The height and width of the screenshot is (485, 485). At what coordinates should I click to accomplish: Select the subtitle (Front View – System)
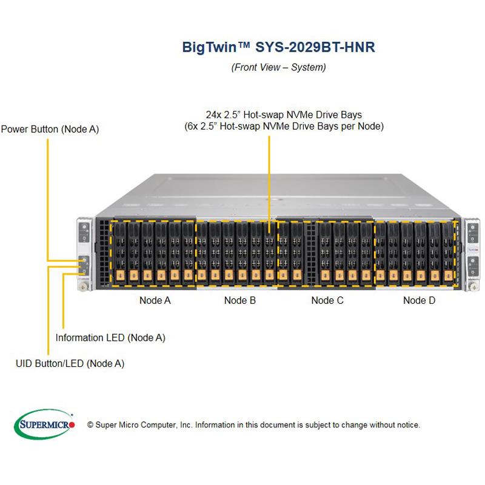click(278, 67)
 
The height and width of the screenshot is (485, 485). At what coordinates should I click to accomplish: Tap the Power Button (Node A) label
click(50, 129)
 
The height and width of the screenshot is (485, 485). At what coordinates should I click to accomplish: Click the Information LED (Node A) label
click(110, 338)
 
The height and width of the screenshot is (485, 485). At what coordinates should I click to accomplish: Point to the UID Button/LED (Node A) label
click(70, 363)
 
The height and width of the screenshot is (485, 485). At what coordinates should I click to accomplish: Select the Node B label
click(239, 300)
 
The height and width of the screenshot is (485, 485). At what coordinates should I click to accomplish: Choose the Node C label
click(327, 300)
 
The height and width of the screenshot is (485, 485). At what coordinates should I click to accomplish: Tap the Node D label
click(419, 300)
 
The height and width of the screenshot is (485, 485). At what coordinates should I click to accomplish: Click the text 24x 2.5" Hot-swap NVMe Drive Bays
click(284, 115)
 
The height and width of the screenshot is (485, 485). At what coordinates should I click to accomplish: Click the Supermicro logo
click(44, 424)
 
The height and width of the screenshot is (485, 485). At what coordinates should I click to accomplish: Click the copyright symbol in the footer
click(90, 425)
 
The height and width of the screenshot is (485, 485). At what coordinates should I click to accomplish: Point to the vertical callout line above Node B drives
click(269, 182)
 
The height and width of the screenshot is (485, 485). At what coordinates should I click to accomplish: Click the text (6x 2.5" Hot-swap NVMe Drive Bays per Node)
click(284, 127)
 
